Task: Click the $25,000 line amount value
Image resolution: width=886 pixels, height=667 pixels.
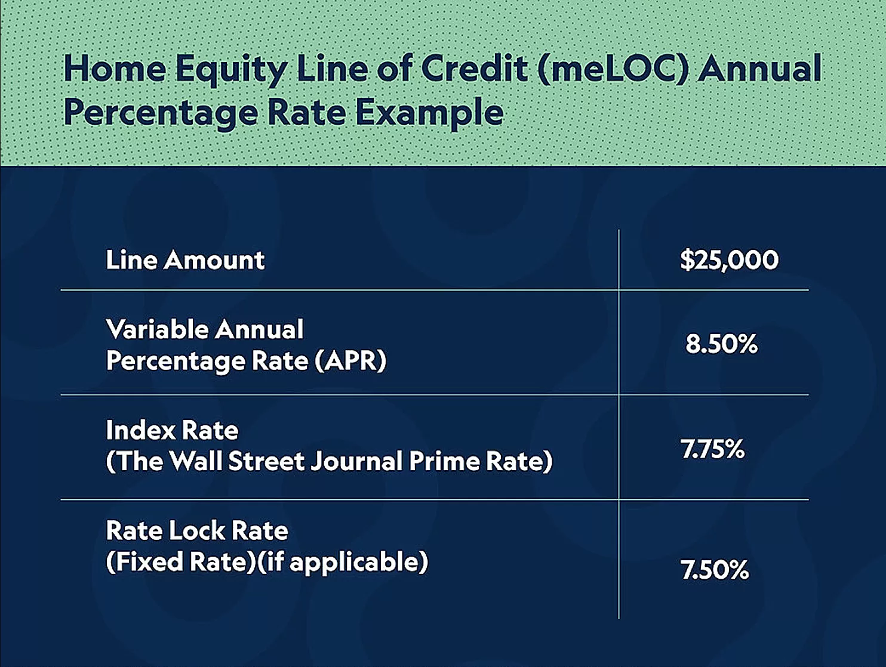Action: pos(730,260)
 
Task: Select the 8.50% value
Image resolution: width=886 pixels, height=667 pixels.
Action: pos(722,344)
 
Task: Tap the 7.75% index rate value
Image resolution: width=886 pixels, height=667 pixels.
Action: pos(713,449)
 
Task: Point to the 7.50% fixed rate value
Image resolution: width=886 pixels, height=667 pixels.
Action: pos(715,570)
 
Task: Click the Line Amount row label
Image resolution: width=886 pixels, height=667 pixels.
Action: pos(185,260)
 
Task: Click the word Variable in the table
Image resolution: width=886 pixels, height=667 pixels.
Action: pos(158,329)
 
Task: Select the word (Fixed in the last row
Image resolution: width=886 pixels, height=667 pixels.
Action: pos(143,561)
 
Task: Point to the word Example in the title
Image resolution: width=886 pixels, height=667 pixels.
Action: pos(429,114)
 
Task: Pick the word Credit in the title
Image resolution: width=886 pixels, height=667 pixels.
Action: pos(475,69)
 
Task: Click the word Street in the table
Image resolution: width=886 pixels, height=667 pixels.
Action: pos(266,461)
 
